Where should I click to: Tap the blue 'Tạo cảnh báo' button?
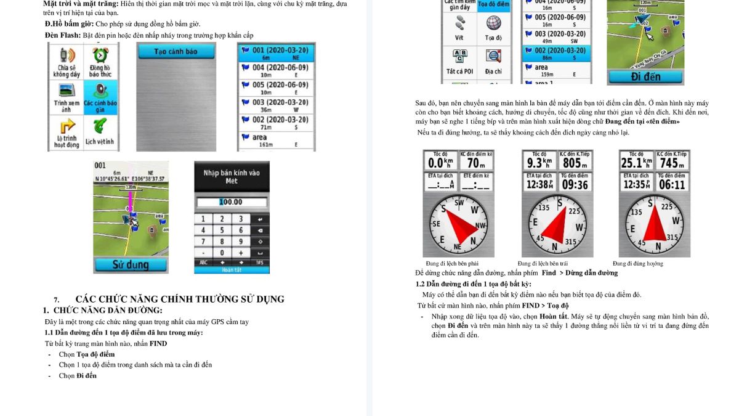(176, 52)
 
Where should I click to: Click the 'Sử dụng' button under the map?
(130, 265)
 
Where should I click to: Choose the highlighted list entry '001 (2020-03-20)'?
(276, 52)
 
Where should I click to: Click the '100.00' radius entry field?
(231, 202)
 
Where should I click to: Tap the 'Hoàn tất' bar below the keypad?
(231, 270)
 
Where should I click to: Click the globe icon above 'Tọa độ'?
(493, 23)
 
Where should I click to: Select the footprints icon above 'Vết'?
(459, 23)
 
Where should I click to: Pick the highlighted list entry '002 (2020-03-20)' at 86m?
(556, 53)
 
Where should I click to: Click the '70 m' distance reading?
(476, 163)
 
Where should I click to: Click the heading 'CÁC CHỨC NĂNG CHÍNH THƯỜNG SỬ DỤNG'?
(180, 300)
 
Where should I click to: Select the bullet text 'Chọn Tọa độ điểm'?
(87, 354)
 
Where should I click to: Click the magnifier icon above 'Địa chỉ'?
(493, 57)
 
